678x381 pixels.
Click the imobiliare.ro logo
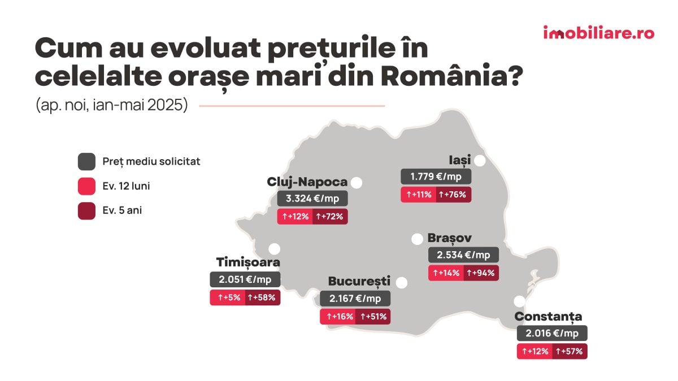point(598,33)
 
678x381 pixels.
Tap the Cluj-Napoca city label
point(307,182)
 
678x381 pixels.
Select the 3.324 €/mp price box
point(312,199)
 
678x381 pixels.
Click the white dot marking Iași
point(480,161)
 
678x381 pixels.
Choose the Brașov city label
point(450,238)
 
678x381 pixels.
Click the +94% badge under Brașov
point(481,273)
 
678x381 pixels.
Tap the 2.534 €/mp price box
point(463,255)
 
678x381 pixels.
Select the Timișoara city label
point(248,262)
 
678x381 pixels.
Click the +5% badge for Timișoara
point(227,297)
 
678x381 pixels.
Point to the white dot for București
point(402,282)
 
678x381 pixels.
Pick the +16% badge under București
point(337,317)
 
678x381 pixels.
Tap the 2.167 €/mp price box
point(355,299)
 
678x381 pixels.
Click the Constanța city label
point(548,317)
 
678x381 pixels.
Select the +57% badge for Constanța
point(570,352)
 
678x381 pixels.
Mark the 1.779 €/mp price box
point(436,177)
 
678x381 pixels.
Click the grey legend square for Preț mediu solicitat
point(86,161)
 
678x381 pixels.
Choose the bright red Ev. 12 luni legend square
point(86,186)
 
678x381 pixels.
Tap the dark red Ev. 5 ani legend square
point(86,211)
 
